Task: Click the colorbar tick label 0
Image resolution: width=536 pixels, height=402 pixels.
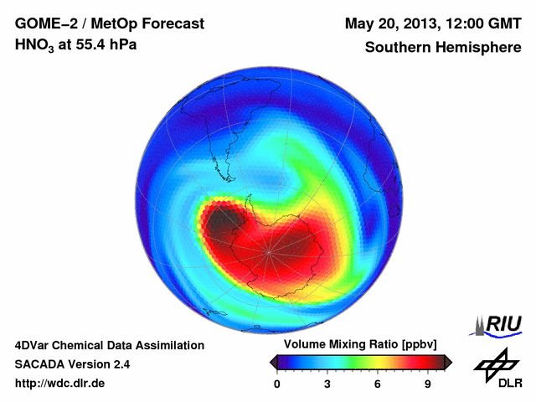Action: [277, 384]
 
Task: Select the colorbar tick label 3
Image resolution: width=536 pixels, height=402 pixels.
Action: [327, 384]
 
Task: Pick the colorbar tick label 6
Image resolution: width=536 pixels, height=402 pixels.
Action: [378, 384]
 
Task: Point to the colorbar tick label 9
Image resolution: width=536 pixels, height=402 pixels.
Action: [428, 384]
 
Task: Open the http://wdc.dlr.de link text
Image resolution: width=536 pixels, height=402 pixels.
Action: [60, 384]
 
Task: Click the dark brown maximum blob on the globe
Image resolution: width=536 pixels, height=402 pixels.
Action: [221, 221]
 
